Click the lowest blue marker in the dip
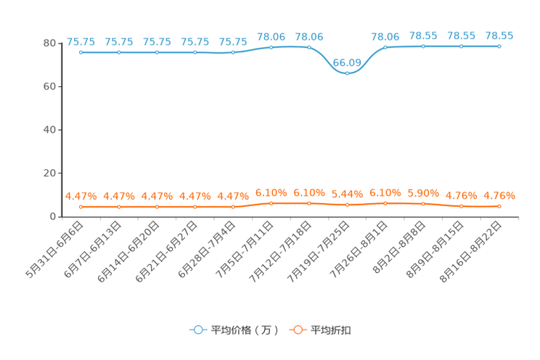347,73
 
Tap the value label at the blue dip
347,61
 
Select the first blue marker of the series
81,52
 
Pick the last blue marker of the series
499,46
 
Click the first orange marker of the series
81,207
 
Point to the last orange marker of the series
499,206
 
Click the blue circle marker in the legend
197,330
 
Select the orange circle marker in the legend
297,330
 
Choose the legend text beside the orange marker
331,330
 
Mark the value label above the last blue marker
499,36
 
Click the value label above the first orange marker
81,196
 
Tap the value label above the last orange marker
499,196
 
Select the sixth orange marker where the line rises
271,203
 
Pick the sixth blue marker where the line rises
271,47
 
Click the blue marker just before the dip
309,47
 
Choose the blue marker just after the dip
385,46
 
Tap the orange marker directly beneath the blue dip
347,205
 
